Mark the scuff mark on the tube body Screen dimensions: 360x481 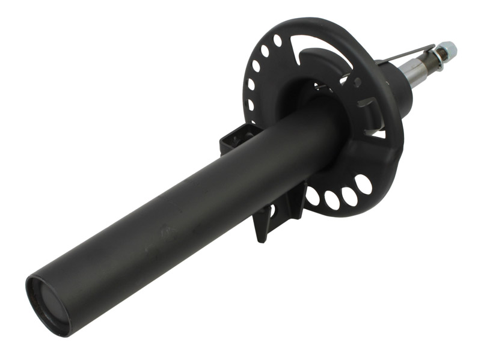164,230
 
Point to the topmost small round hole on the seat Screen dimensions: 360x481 277,40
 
